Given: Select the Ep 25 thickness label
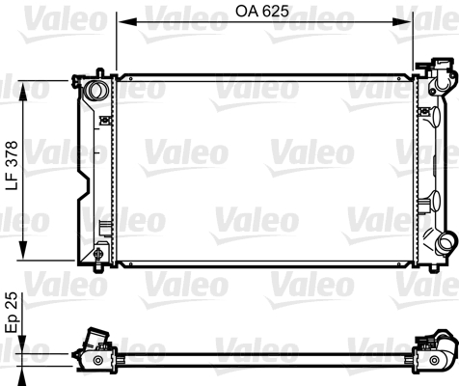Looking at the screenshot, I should (x=12, y=312).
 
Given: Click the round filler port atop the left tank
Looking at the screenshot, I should (x=95, y=92).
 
